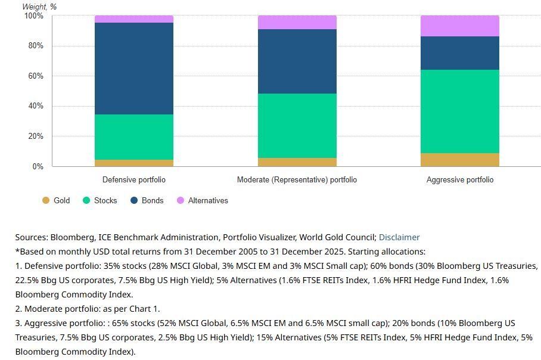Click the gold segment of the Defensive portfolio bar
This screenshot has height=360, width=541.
coord(134,163)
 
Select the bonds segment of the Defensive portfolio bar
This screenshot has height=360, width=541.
coord(134,69)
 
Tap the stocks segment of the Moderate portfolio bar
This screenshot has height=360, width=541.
coord(297,126)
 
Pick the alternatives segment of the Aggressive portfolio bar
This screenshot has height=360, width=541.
coord(459,26)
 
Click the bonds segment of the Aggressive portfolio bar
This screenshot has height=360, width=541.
coord(459,53)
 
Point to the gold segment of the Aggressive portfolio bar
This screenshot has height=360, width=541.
coord(459,160)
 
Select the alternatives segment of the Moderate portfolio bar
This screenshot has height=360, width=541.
coord(297,23)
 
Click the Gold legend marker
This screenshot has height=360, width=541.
coord(45,200)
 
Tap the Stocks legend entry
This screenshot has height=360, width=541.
coord(100,200)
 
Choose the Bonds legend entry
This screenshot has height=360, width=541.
coord(147,200)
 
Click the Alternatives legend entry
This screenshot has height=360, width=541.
coord(203,200)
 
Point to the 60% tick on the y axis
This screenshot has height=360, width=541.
coord(36,76)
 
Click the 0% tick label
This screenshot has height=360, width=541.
coord(38,166)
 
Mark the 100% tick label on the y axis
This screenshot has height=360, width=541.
coord(34,16)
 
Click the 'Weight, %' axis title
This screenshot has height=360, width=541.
coord(39,7)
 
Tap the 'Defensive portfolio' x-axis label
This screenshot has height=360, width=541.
coord(134,179)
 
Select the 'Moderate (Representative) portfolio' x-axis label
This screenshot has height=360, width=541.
coord(297,179)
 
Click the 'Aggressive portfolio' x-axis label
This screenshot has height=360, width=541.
coord(460,179)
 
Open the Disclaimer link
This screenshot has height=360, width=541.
coord(399,237)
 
